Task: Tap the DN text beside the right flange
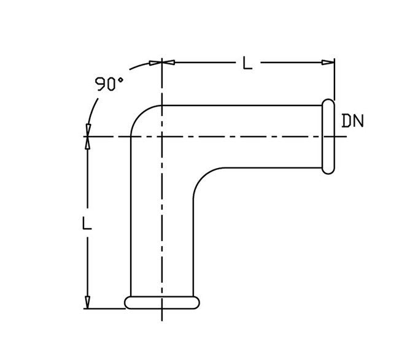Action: pyautogui.click(x=352, y=120)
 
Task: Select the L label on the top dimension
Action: pyautogui.click(x=247, y=63)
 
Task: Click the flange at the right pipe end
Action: pyautogui.click(x=329, y=137)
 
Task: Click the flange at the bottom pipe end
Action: pyautogui.click(x=162, y=302)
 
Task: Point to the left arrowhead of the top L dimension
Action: pyautogui.click(x=168, y=62)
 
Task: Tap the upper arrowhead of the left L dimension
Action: pyautogui.click(x=88, y=143)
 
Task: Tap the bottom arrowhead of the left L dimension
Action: pyautogui.click(x=88, y=302)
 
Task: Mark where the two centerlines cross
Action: pyautogui.click(x=161, y=136)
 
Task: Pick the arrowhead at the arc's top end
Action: pyautogui.click(x=153, y=63)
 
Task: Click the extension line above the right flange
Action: pyautogui.click(x=335, y=80)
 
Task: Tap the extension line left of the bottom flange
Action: pyautogui.click(x=104, y=308)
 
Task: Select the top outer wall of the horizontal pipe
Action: pyautogui.click(x=246, y=105)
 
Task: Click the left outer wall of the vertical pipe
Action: pyautogui.click(x=131, y=221)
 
